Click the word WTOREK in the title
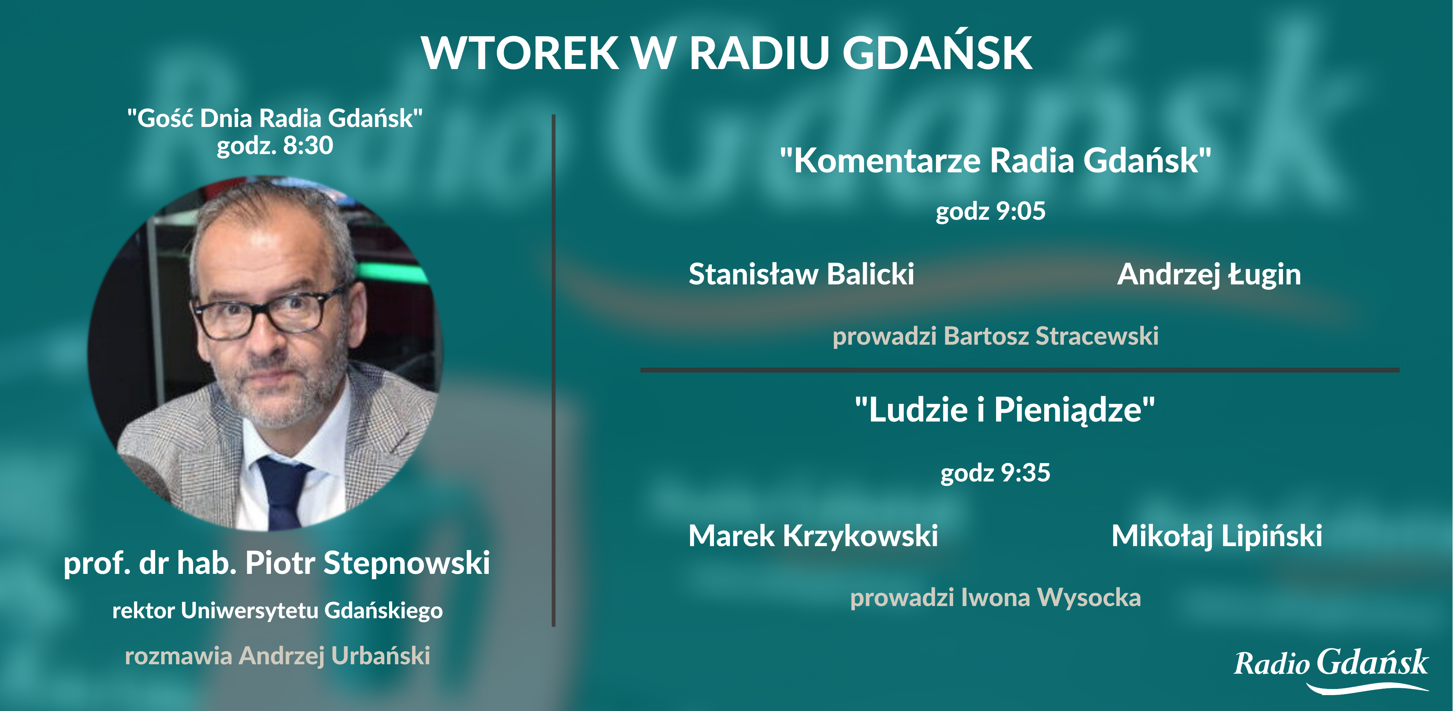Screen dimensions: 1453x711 (x=520, y=53)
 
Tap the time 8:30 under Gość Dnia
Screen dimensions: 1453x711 (x=308, y=146)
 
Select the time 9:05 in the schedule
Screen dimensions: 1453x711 (x=1020, y=211)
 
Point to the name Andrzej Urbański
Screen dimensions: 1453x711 (x=335, y=656)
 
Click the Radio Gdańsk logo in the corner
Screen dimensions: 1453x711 (x=1331, y=669)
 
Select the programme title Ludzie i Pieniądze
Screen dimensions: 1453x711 (x=1005, y=410)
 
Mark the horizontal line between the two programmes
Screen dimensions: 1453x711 (x=1020, y=370)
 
